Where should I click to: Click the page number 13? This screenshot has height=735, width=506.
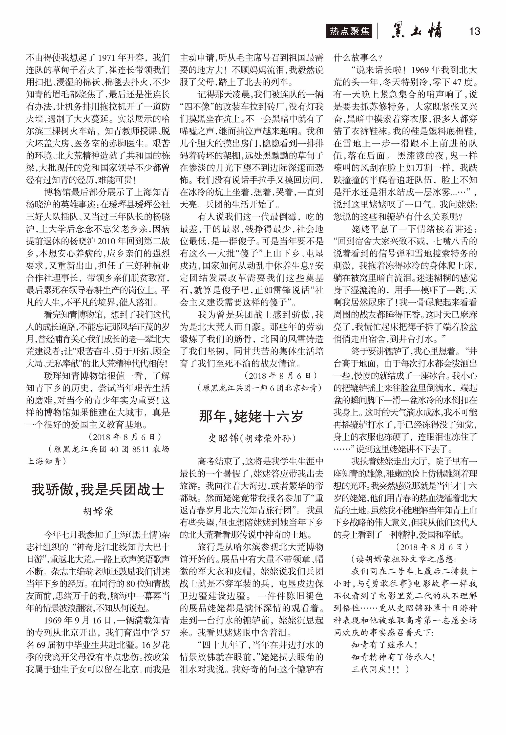click(x=474, y=31)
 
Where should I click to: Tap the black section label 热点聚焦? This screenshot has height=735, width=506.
click(x=349, y=31)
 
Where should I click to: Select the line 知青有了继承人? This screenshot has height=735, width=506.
click(x=384, y=645)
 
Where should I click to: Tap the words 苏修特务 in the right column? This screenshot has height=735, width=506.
click(x=387, y=106)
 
